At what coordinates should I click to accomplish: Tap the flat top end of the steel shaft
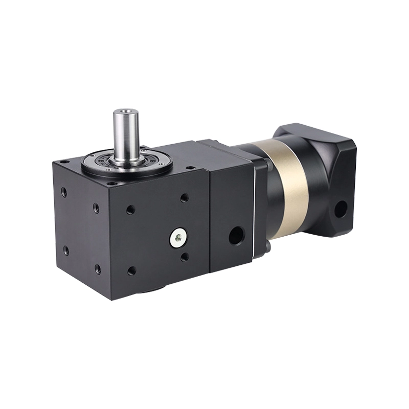(126, 110)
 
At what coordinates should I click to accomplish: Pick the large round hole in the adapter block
(236, 235)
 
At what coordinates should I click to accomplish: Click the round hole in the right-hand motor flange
(340, 209)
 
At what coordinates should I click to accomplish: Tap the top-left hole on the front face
(131, 209)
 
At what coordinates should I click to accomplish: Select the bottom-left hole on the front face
(132, 270)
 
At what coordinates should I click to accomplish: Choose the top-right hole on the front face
(184, 197)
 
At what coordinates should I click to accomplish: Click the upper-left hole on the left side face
(64, 192)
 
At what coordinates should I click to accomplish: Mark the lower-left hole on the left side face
(66, 251)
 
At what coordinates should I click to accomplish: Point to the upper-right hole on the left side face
(96, 208)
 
